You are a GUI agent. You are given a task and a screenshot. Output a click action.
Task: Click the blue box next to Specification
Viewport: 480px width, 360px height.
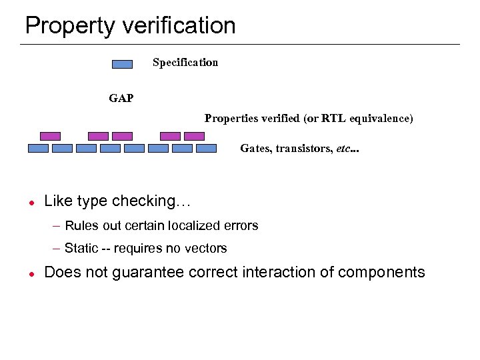(x=122, y=64)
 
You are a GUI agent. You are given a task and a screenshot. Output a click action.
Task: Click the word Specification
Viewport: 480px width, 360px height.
(x=185, y=63)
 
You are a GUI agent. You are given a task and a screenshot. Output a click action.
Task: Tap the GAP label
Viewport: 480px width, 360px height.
(x=121, y=99)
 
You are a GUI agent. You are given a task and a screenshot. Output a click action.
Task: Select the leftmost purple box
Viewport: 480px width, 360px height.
(x=50, y=136)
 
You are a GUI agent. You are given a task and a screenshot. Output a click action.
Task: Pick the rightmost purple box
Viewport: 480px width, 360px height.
(x=194, y=136)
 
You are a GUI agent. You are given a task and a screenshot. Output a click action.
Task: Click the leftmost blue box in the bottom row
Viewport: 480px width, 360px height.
(x=38, y=149)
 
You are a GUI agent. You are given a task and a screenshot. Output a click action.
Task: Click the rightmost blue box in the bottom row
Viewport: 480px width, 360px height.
(x=206, y=149)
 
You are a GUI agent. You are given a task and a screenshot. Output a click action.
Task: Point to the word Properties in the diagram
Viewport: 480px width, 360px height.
(x=229, y=119)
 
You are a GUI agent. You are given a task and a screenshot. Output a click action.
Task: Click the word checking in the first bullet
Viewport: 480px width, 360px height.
(x=151, y=201)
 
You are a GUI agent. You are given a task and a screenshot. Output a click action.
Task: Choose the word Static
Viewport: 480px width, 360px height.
(x=81, y=249)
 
